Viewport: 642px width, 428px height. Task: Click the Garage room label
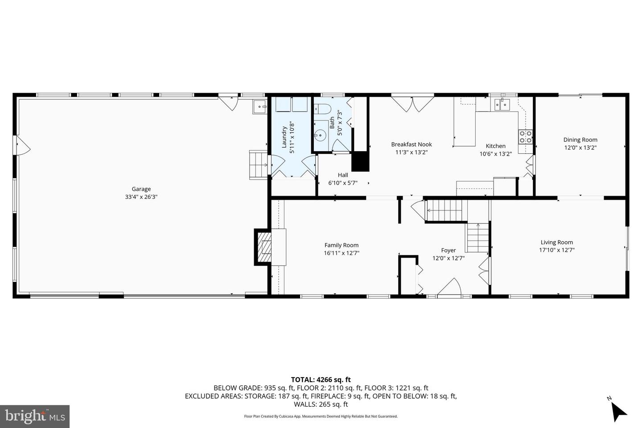tap(141, 189)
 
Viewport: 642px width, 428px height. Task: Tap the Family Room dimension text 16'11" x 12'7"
tap(341, 253)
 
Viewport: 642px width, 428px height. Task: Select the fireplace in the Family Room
tap(264, 247)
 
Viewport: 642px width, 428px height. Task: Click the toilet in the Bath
tap(321, 109)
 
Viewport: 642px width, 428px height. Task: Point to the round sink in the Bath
tap(320, 134)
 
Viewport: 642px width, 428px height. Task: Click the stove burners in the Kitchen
tap(525, 137)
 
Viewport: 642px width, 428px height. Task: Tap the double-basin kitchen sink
tap(502, 105)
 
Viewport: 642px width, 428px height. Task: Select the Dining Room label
tap(580, 140)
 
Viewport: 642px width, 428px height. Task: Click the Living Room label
tap(556, 243)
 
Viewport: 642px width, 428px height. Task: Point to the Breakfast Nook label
tap(411, 144)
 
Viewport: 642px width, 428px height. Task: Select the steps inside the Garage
tap(257, 165)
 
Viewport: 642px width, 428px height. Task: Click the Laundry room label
tap(284, 137)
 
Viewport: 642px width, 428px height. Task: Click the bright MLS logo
tap(35, 416)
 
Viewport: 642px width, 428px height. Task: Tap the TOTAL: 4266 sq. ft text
tap(321, 379)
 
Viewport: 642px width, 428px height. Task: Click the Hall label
tap(342, 175)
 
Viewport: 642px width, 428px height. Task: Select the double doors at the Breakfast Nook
tap(412, 103)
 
